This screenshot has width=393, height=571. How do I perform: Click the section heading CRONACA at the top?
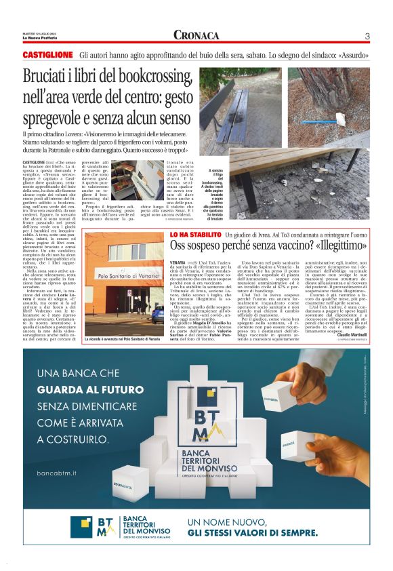(x=196, y=35)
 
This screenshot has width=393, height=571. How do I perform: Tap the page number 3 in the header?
(x=367, y=36)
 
